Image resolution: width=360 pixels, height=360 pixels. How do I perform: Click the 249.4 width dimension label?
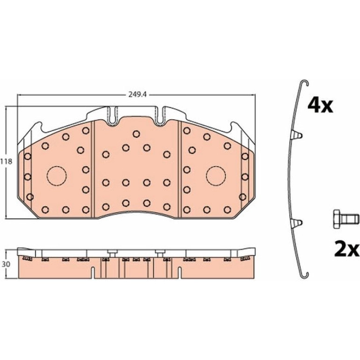tap(137, 94)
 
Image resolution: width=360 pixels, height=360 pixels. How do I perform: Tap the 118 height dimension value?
tap(6, 162)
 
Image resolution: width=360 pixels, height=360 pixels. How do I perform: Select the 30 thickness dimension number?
tap(7, 264)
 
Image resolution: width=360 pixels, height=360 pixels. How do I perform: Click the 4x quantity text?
tap(320, 105)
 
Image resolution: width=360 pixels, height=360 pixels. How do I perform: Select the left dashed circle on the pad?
tap(57, 176)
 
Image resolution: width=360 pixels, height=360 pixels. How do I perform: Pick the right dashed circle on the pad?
tap(216, 176)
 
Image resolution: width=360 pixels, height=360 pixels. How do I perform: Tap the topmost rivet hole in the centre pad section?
tap(136, 134)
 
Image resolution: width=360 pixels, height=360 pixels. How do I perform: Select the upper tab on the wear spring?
tap(297, 136)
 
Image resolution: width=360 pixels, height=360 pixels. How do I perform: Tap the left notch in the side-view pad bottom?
tap(93, 273)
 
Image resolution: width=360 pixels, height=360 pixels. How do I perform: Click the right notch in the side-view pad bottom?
tap(180, 273)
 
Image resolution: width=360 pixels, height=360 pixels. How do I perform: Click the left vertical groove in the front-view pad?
tap(93, 169)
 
